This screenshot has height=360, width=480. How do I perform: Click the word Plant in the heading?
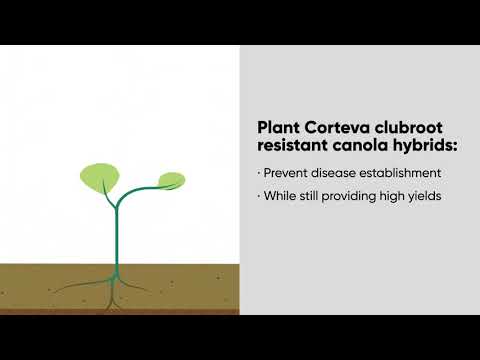click(276, 128)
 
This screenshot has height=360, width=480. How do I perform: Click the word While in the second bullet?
click(281, 196)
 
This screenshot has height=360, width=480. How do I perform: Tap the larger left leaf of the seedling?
click(99, 179)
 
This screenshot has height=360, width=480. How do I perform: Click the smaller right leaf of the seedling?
click(171, 181)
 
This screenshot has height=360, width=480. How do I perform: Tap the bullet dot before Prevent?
click(260, 172)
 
